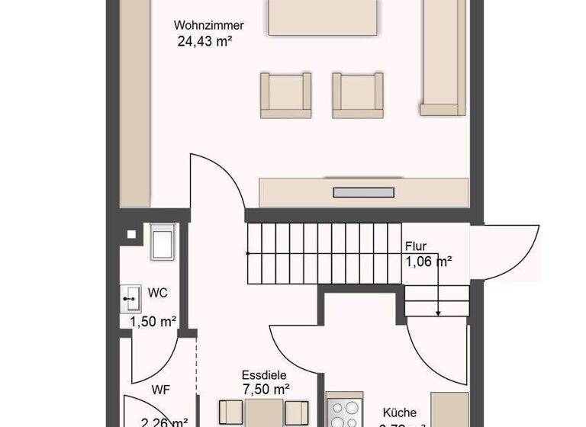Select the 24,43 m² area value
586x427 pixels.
204,42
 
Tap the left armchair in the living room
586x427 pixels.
285,95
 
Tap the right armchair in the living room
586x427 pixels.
357,95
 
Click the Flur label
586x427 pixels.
416,246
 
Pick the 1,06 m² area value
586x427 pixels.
428,262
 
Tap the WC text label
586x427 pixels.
158,293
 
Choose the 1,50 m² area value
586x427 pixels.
153,321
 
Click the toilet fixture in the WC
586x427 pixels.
163,243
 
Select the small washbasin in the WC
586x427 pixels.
129,298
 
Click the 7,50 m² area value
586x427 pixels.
264,389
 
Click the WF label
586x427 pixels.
160,390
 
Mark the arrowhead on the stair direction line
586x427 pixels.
439,313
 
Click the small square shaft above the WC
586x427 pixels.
133,234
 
